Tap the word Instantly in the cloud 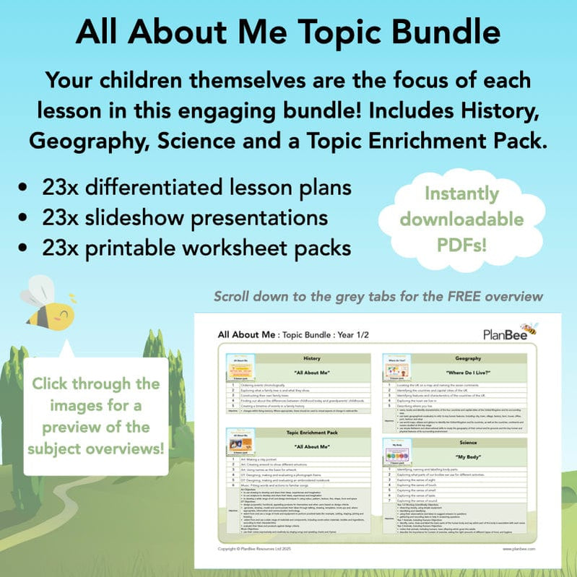[x=461, y=194]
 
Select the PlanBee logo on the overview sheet [x=510, y=333]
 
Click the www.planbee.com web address [x=518, y=549]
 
